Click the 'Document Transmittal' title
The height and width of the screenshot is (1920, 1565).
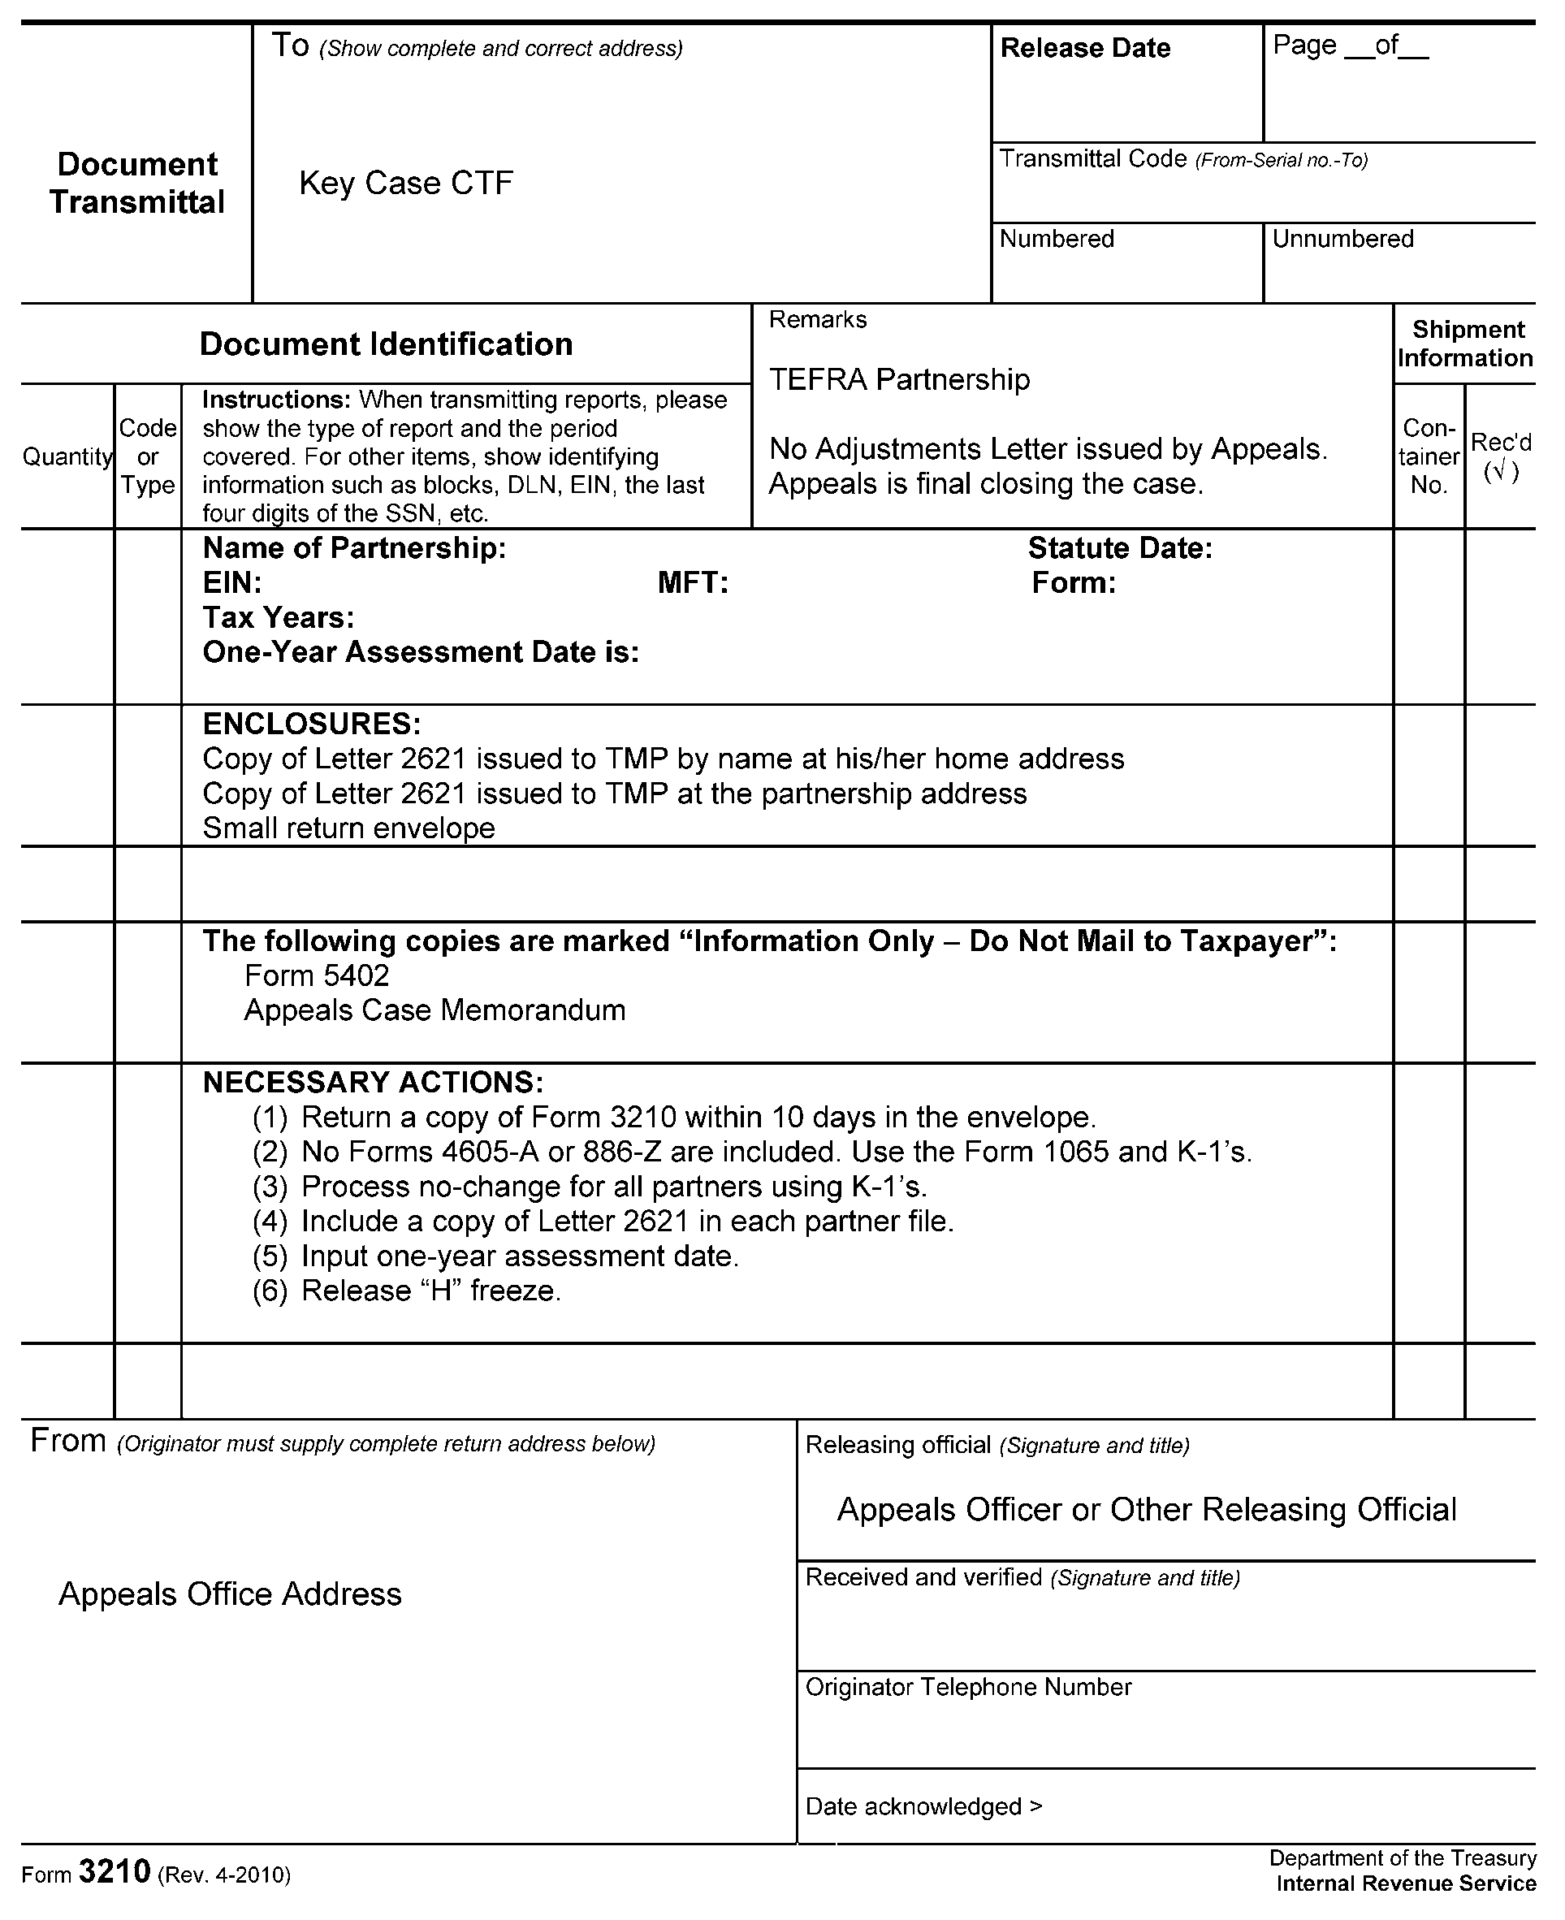point(137,183)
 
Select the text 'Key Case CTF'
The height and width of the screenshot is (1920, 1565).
point(406,183)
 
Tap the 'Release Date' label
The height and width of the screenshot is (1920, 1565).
point(1084,48)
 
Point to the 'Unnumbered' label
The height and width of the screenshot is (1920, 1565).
point(1342,239)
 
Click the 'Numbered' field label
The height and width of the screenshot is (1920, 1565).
point(1057,239)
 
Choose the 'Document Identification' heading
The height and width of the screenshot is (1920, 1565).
point(386,344)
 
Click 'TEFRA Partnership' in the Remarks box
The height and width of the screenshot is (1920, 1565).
point(899,379)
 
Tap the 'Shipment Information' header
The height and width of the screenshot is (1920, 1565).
point(1465,344)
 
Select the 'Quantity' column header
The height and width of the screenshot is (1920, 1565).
point(67,457)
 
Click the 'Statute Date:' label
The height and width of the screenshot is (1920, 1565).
point(1120,548)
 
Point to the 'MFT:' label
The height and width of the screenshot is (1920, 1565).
point(692,583)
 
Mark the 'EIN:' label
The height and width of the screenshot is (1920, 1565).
point(231,583)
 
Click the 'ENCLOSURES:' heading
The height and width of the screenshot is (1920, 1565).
point(311,724)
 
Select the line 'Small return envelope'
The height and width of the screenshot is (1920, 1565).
point(349,828)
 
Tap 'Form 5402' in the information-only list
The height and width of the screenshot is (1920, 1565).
point(317,975)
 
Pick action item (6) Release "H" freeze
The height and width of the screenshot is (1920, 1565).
point(407,1291)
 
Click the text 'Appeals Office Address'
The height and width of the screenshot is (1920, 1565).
point(230,1594)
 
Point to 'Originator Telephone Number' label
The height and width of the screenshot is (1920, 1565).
point(967,1688)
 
